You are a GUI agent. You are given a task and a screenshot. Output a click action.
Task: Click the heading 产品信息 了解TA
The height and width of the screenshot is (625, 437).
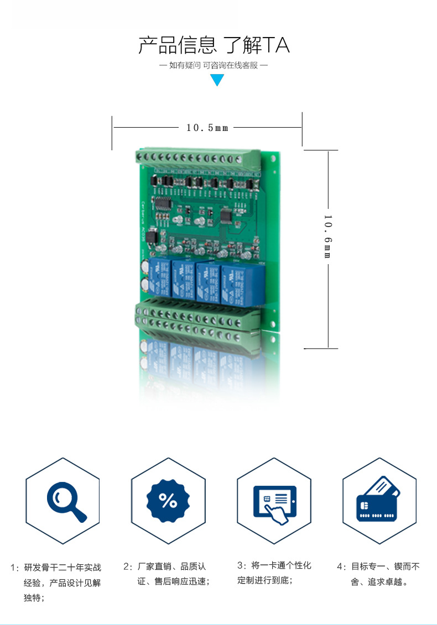tap(214, 45)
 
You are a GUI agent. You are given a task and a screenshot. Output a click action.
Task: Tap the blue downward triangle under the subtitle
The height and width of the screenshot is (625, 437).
tap(217, 80)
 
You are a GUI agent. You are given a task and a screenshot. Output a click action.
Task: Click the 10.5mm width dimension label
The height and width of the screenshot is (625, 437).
tap(207, 128)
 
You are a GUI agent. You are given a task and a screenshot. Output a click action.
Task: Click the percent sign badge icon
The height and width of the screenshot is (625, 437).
tap(168, 501)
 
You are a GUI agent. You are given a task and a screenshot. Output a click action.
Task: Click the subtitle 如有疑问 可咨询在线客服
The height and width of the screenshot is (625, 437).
tap(214, 65)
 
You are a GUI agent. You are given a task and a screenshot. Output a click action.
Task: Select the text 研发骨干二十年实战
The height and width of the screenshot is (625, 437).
tap(63, 567)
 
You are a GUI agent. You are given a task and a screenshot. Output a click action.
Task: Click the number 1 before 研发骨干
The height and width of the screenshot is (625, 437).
tap(14, 568)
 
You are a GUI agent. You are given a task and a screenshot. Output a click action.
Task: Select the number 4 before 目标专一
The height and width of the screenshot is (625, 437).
tap(340, 566)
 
